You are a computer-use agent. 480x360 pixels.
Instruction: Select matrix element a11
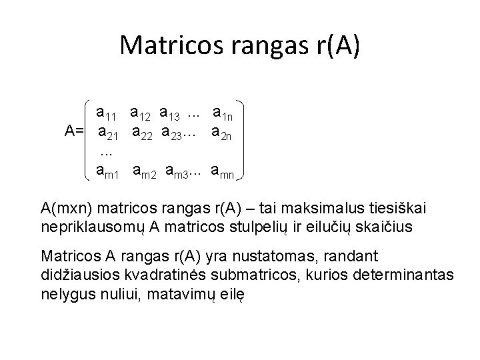109,110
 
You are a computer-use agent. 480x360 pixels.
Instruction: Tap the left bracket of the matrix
91,140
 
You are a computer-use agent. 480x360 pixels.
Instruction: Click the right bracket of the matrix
244,140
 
